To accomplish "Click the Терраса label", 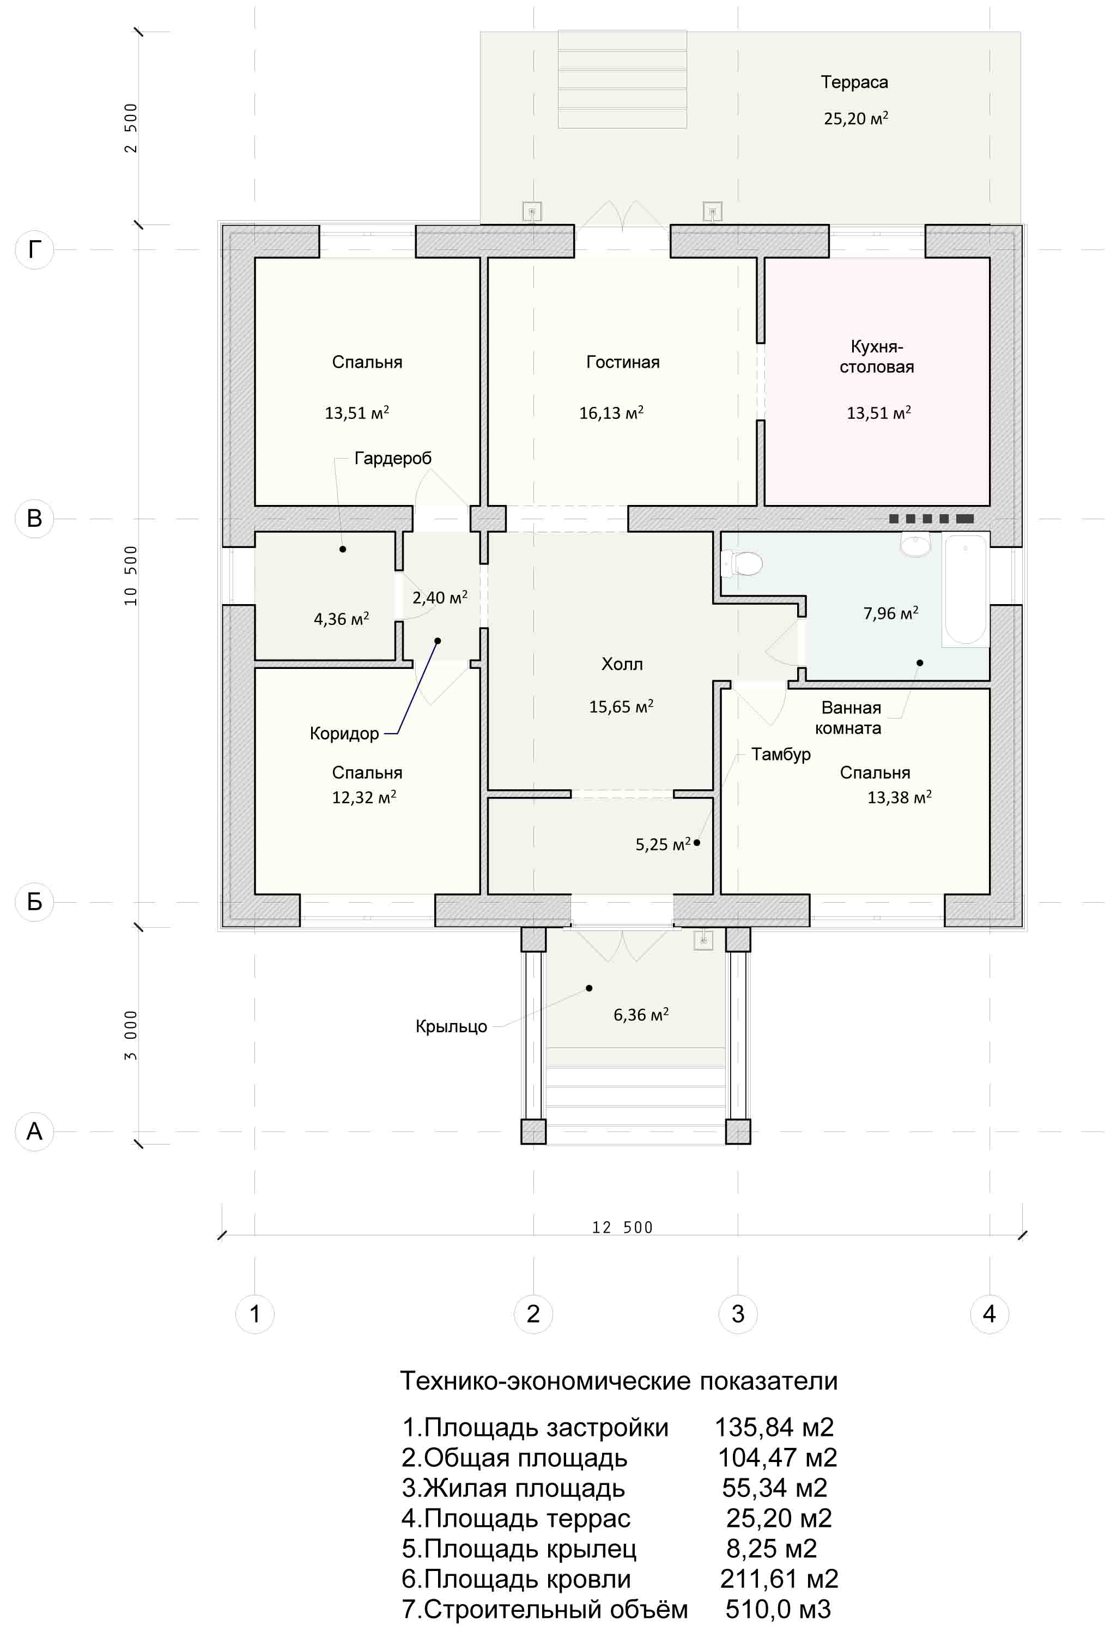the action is [854, 82].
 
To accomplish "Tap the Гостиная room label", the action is [623, 362].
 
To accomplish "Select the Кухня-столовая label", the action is [877, 357].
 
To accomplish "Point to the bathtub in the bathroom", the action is [966, 590].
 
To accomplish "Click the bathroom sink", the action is [916, 545].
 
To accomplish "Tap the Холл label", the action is [622, 663].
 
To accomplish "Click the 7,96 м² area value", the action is [890, 613].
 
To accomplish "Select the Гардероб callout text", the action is [392, 459].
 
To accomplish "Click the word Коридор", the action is [344, 734].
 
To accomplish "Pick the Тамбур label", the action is [781, 754].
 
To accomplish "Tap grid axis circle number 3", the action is [737, 1314].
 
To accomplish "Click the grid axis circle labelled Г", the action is [34, 250].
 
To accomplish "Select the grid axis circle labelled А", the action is [34, 1131].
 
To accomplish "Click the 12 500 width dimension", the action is [622, 1227].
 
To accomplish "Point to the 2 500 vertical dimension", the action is [131, 128].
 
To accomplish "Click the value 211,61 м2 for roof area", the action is [779, 1579].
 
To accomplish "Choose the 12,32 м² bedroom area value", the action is [364, 797].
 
